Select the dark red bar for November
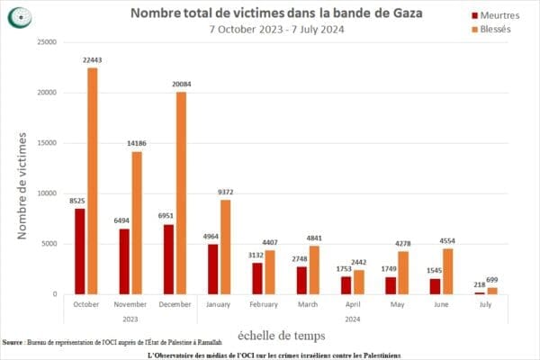(x=123, y=261)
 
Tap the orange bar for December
(x=181, y=193)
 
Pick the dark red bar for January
(x=212, y=268)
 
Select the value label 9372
(x=226, y=191)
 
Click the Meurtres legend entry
(x=491, y=14)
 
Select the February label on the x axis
(x=263, y=304)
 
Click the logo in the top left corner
(x=17, y=15)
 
